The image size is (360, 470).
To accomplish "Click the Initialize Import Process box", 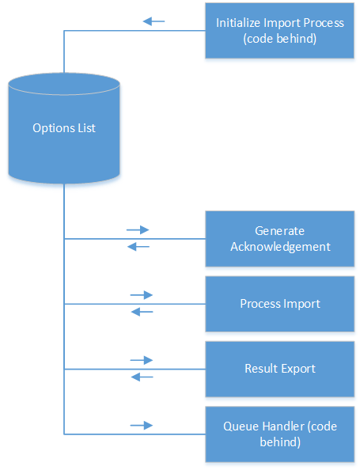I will click(x=280, y=30).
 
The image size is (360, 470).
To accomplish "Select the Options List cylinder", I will click(x=64, y=128).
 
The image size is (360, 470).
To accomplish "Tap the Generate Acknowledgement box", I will click(x=280, y=238).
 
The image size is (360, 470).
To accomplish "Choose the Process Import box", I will click(x=280, y=304).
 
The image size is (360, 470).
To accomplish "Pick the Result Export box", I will click(x=280, y=369).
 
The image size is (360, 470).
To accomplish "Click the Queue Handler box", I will click(x=280, y=434).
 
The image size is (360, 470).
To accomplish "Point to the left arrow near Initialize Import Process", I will click(x=153, y=21).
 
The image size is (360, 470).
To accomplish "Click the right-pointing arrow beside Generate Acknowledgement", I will click(x=138, y=230).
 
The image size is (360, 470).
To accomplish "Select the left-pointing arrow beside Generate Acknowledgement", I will click(x=138, y=247).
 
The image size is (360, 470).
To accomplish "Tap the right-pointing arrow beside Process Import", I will click(x=142, y=295).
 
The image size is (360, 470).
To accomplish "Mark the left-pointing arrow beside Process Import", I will click(x=142, y=312).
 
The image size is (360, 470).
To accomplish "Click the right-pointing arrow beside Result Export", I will click(x=142, y=360).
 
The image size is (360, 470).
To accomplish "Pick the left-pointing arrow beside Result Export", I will click(x=142, y=377).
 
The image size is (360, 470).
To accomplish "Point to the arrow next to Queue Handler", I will click(x=142, y=426).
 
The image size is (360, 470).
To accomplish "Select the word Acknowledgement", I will click(x=280, y=246).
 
